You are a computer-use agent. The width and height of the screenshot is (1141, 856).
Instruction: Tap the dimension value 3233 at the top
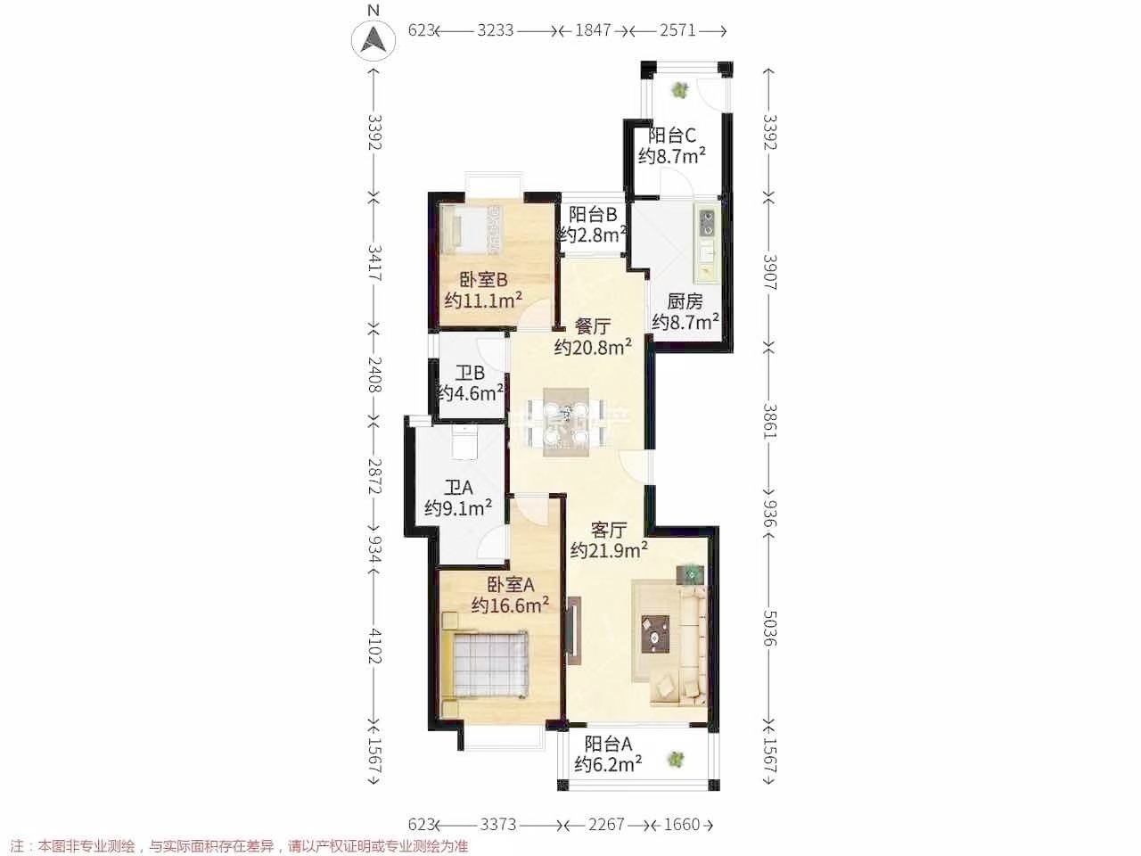click(496, 30)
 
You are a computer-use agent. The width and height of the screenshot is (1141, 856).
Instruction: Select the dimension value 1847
click(593, 30)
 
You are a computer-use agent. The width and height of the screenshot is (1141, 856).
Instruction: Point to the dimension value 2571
click(677, 30)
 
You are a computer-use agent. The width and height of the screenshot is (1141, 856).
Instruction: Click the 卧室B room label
click(483, 280)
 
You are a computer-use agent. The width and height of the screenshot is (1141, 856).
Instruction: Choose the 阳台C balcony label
click(671, 136)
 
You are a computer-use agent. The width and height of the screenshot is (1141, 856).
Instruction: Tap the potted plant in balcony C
click(679, 91)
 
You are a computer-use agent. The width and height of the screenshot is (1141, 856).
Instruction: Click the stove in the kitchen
click(707, 223)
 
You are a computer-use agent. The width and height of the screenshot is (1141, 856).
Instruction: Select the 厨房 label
click(685, 301)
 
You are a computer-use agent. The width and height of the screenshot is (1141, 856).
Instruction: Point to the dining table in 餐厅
click(566, 422)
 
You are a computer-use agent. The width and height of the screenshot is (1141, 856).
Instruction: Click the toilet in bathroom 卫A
click(464, 441)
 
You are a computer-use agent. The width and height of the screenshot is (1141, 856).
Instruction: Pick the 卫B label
click(471, 373)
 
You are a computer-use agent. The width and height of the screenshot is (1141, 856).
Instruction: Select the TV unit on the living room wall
click(574, 630)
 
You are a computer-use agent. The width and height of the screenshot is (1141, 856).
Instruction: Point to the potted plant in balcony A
click(676, 760)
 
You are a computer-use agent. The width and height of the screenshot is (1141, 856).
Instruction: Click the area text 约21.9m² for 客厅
click(609, 550)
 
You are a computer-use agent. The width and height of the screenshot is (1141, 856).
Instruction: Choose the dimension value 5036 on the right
click(770, 628)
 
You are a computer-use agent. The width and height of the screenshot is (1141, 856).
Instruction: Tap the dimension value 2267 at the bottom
click(606, 824)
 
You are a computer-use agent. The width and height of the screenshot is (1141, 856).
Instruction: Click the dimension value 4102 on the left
click(374, 646)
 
